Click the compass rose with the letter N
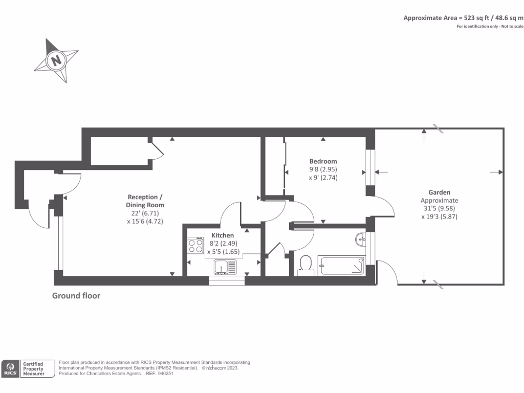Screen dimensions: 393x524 [x=56, y=60]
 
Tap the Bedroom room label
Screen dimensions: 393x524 [x=323, y=161]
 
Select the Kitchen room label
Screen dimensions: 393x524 [x=223, y=235]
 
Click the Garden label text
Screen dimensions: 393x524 [x=439, y=192]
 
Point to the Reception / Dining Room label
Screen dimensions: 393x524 [x=145, y=201]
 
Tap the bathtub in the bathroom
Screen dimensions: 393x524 [x=342, y=266]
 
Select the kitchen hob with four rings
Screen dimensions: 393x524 [x=195, y=247]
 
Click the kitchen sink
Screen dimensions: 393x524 [x=225, y=266]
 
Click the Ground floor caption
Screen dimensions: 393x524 [x=76, y=296]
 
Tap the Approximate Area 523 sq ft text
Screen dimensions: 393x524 [x=463, y=17]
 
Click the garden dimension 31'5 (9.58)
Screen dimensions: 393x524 [x=439, y=208]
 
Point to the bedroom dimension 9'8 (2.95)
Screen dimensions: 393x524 [x=323, y=169]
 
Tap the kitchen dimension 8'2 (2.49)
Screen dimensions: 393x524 [x=223, y=244]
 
